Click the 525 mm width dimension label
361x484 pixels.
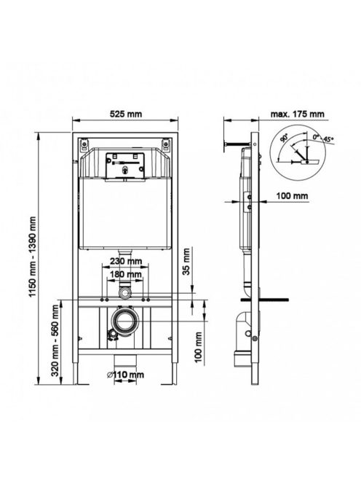click(126, 114)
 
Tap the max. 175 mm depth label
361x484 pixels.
click(298, 114)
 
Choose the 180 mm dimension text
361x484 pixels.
click(126, 274)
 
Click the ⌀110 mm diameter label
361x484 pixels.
click(125, 375)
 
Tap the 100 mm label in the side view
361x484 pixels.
click(292, 195)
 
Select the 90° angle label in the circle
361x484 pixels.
click(284, 138)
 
